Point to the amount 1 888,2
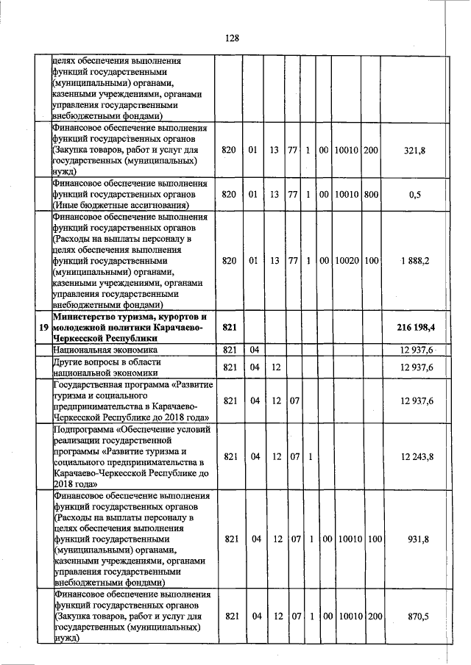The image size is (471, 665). [x=415, y=261]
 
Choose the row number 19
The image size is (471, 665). [x=43, y=326]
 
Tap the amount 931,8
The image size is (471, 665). [x=417, y=539]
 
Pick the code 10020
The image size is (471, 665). [x=346, y=261]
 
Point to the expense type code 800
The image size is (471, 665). [x=371, y=195]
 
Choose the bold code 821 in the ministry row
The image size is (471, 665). [x=229, y=326]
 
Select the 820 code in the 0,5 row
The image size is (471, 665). [x=229, y=195]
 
